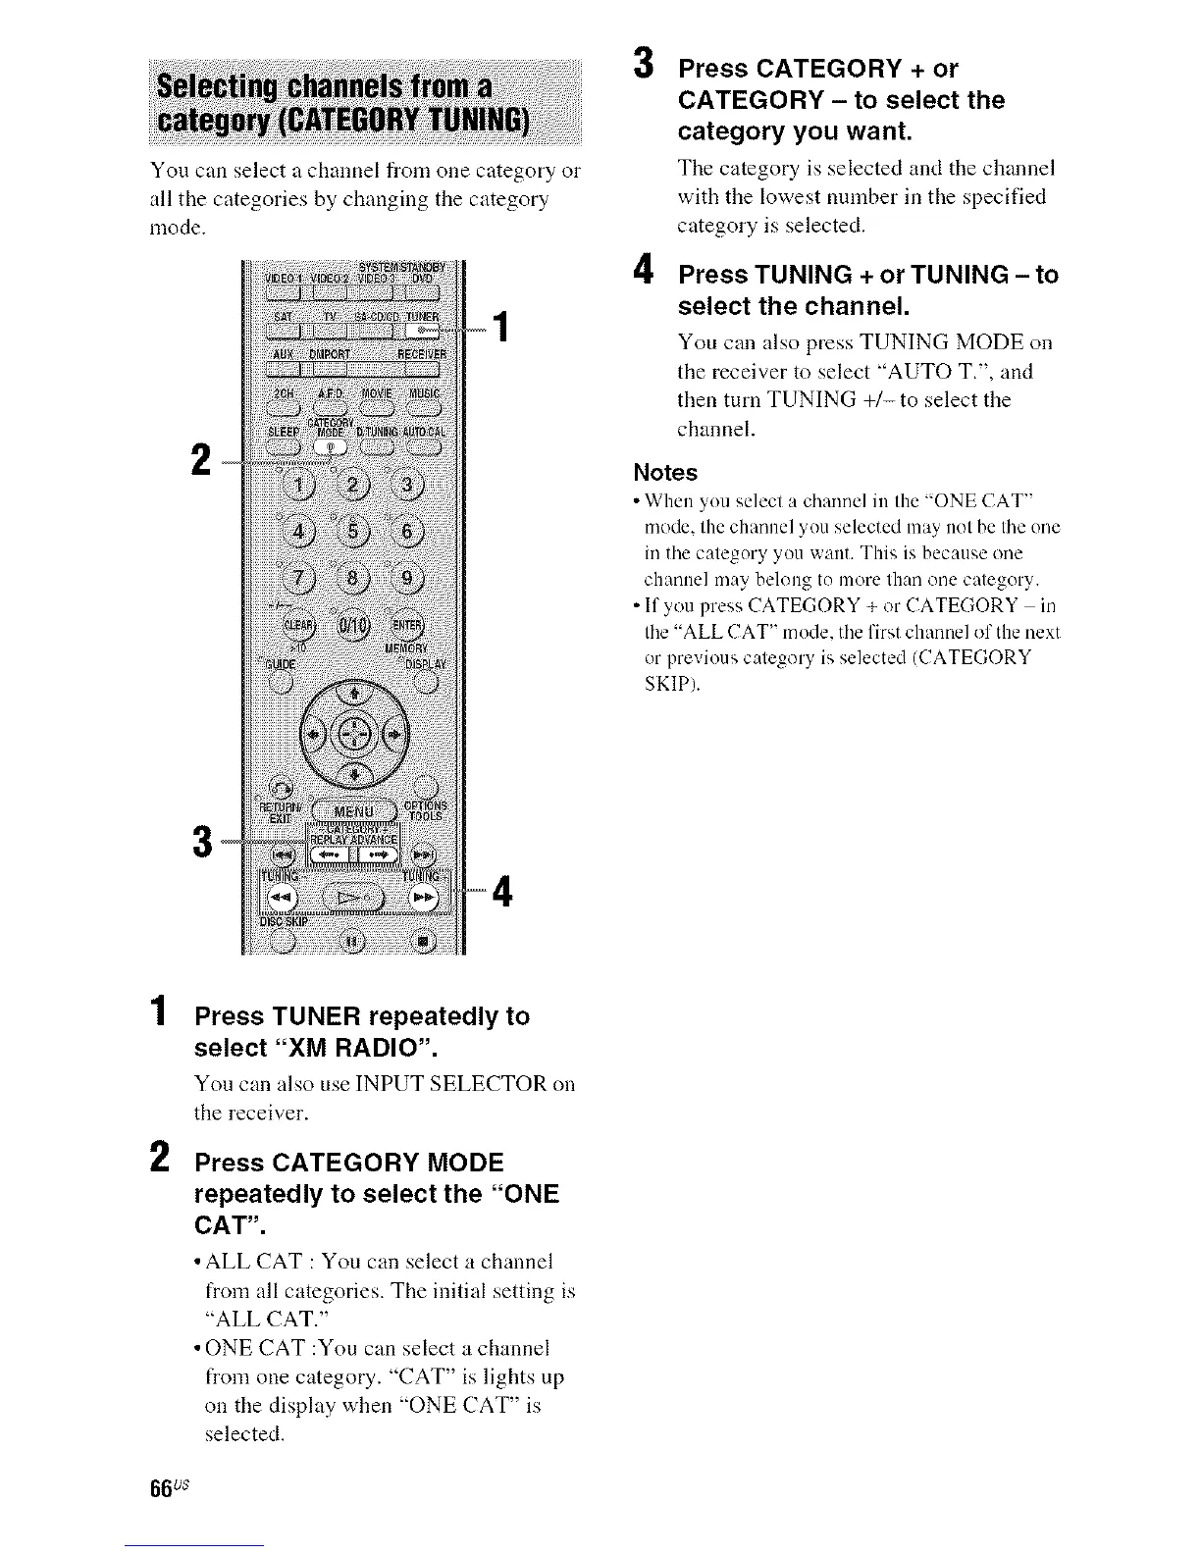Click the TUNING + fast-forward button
coord(424,897)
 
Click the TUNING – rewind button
coord(279,897)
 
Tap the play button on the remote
coord(350,897)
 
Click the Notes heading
coord(665,473)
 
